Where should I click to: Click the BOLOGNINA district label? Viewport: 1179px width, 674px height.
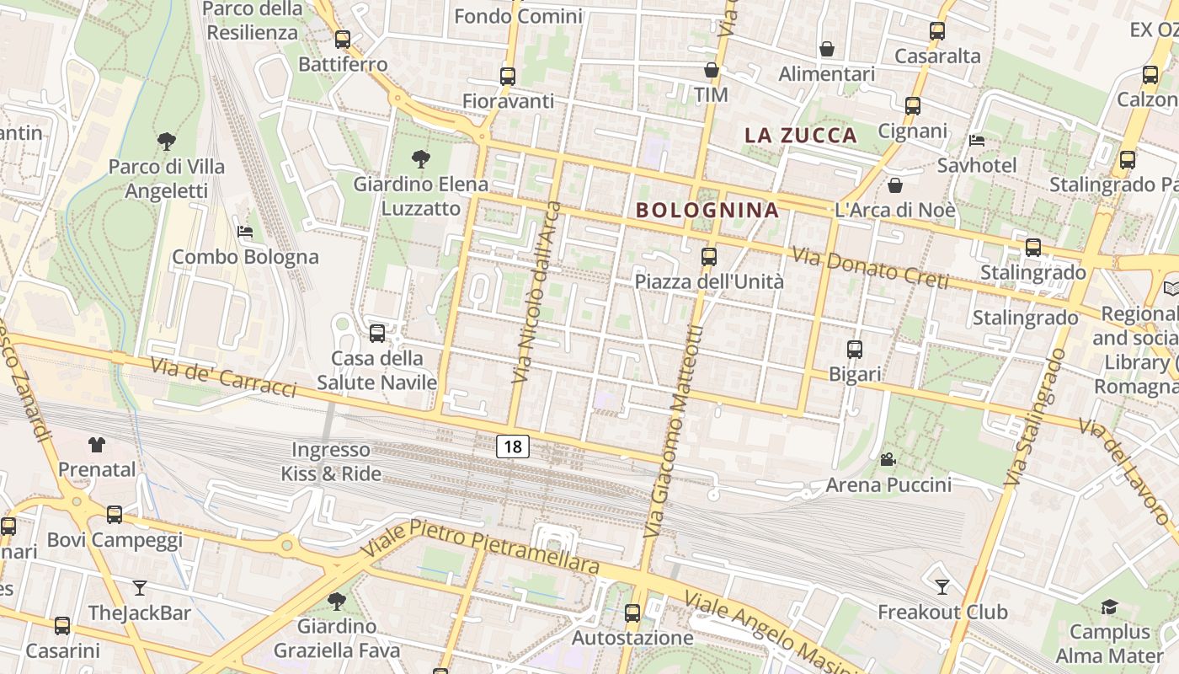(707, 210)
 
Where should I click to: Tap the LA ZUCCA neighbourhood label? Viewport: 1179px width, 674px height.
(800, 135)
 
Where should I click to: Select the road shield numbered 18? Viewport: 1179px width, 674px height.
(512, 446)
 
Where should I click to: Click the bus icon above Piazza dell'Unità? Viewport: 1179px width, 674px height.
(709, 256)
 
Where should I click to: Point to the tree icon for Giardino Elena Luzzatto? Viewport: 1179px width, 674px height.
(419, 158)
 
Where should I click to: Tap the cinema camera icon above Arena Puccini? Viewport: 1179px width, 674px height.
(888, 459)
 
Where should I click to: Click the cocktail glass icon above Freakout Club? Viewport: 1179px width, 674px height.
(942, 586)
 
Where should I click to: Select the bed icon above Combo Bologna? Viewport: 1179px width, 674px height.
(245, 231)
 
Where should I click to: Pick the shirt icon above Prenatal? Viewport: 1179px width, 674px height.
(96, 444)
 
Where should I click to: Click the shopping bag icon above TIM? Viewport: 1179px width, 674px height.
(712, 70)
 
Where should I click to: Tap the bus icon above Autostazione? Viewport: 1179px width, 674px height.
(632, 613)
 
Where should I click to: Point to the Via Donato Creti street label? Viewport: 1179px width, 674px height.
(871, 266)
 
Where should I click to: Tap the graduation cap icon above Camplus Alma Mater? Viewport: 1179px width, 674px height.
(1109, 607)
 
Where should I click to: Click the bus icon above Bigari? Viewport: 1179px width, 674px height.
(855, 349)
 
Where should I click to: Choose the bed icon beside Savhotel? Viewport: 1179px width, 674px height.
(977, 140)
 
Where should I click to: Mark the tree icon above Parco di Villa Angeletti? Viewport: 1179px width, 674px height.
(166, 141)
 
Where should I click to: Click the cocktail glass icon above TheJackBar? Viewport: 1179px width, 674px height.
(140, 587)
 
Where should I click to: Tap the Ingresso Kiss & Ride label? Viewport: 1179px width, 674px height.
(331, 462)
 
